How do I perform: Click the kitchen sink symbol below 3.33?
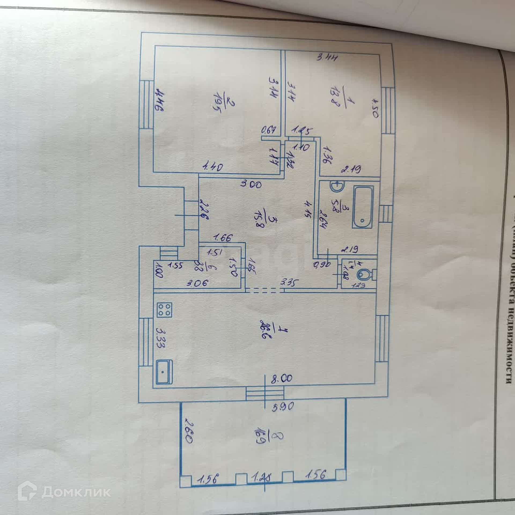164,372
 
